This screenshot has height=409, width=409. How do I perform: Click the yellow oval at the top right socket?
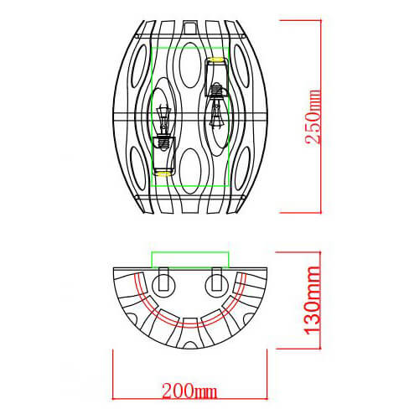[x=217, y=60]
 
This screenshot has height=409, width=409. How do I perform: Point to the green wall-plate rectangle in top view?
[x=189, y=258]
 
